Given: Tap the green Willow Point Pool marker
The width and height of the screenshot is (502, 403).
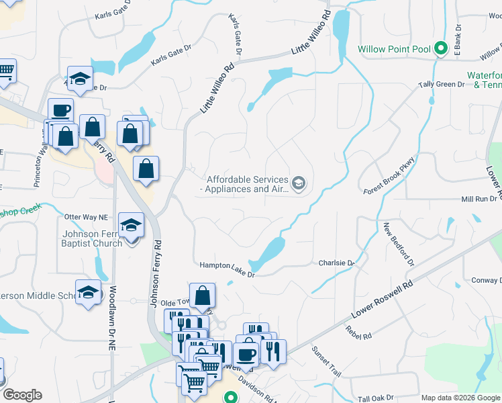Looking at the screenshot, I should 441,48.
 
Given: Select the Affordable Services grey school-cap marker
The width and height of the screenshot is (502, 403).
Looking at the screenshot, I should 299,182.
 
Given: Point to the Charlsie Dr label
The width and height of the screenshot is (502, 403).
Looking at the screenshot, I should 336,263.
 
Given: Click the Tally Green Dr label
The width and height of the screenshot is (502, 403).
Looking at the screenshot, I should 442,85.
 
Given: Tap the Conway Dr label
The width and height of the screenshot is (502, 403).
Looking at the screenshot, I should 486,280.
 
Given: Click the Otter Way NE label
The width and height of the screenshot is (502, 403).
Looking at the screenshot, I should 85,217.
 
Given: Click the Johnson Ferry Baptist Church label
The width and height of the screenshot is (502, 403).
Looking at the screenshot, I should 93,238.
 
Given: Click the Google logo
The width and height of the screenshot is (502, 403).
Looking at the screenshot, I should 22,395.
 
